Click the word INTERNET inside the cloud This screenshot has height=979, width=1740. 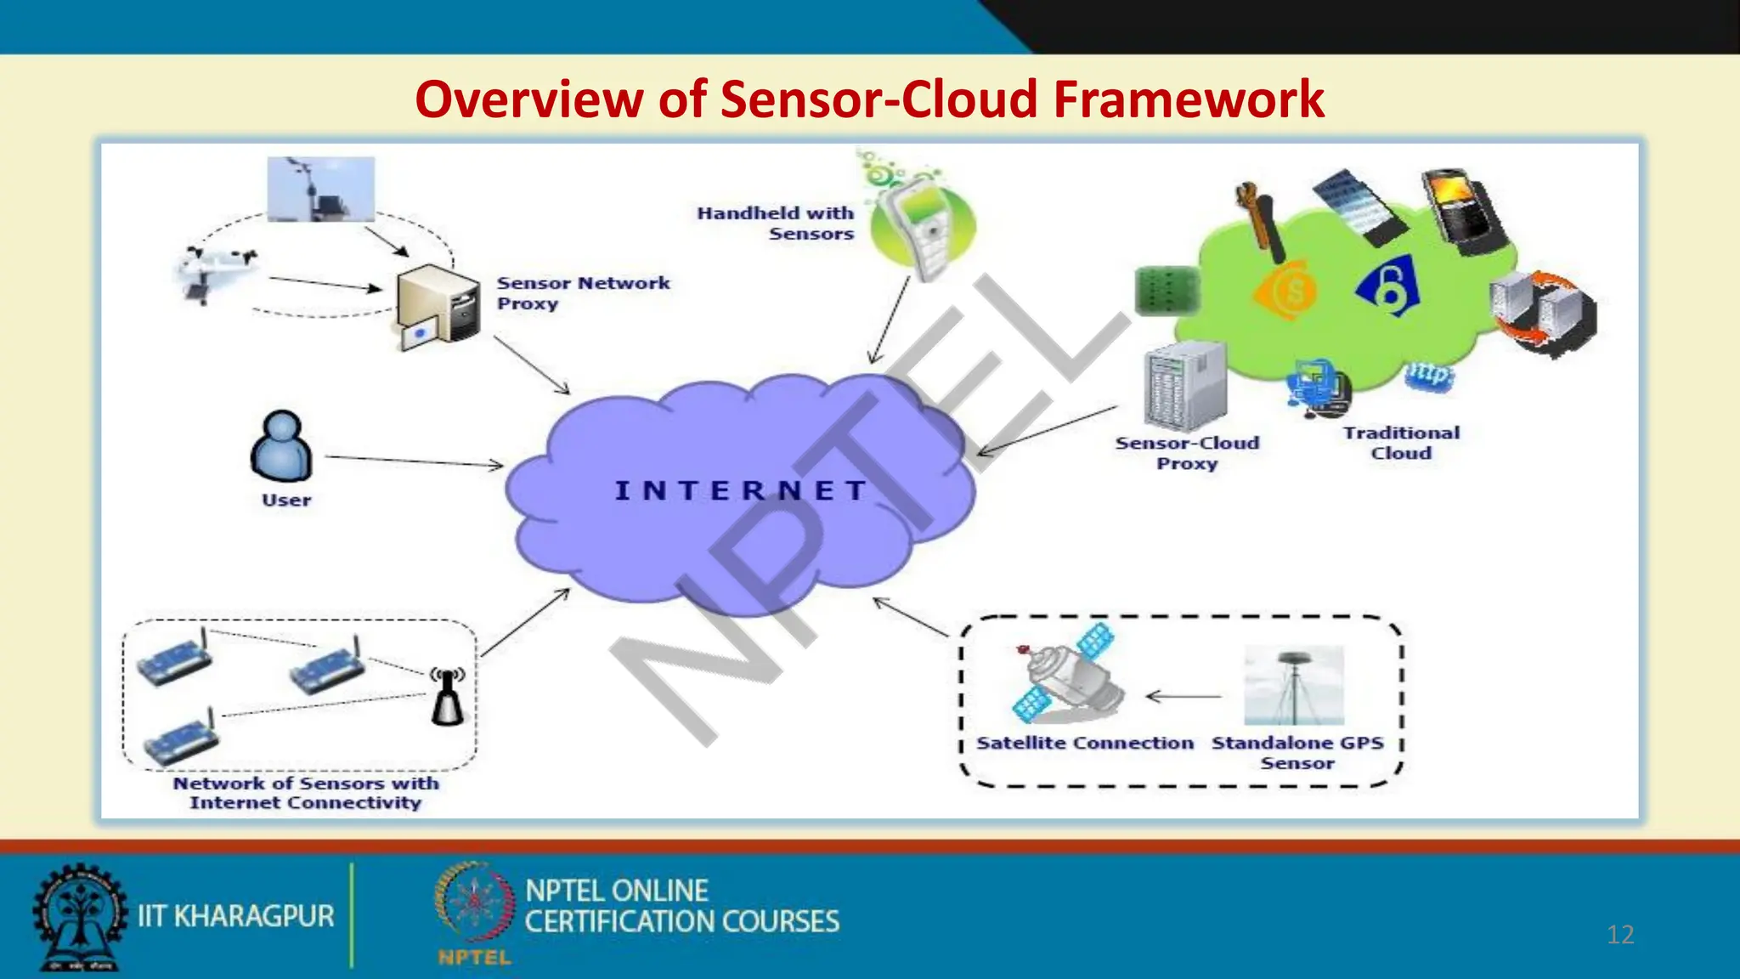click(x=740, y=490)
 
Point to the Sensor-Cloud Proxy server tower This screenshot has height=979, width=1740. click(x=1184, y=387)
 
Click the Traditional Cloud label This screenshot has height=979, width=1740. click(x=1401, y=443)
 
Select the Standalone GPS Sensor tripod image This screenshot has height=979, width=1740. click(x=1294, y=685)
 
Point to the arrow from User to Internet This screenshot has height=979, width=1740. click(x=414, y=461)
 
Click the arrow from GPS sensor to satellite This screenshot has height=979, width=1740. click(x=1183, y=697)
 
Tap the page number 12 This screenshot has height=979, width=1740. click(x=1620, y=935)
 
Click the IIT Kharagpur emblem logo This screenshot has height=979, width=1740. click(x=78, y=916)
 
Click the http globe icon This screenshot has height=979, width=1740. click(x=1429, y=375)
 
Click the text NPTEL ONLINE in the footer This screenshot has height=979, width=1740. click(x=617, y=891)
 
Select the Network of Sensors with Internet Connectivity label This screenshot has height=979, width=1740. click(x=306, y=793)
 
